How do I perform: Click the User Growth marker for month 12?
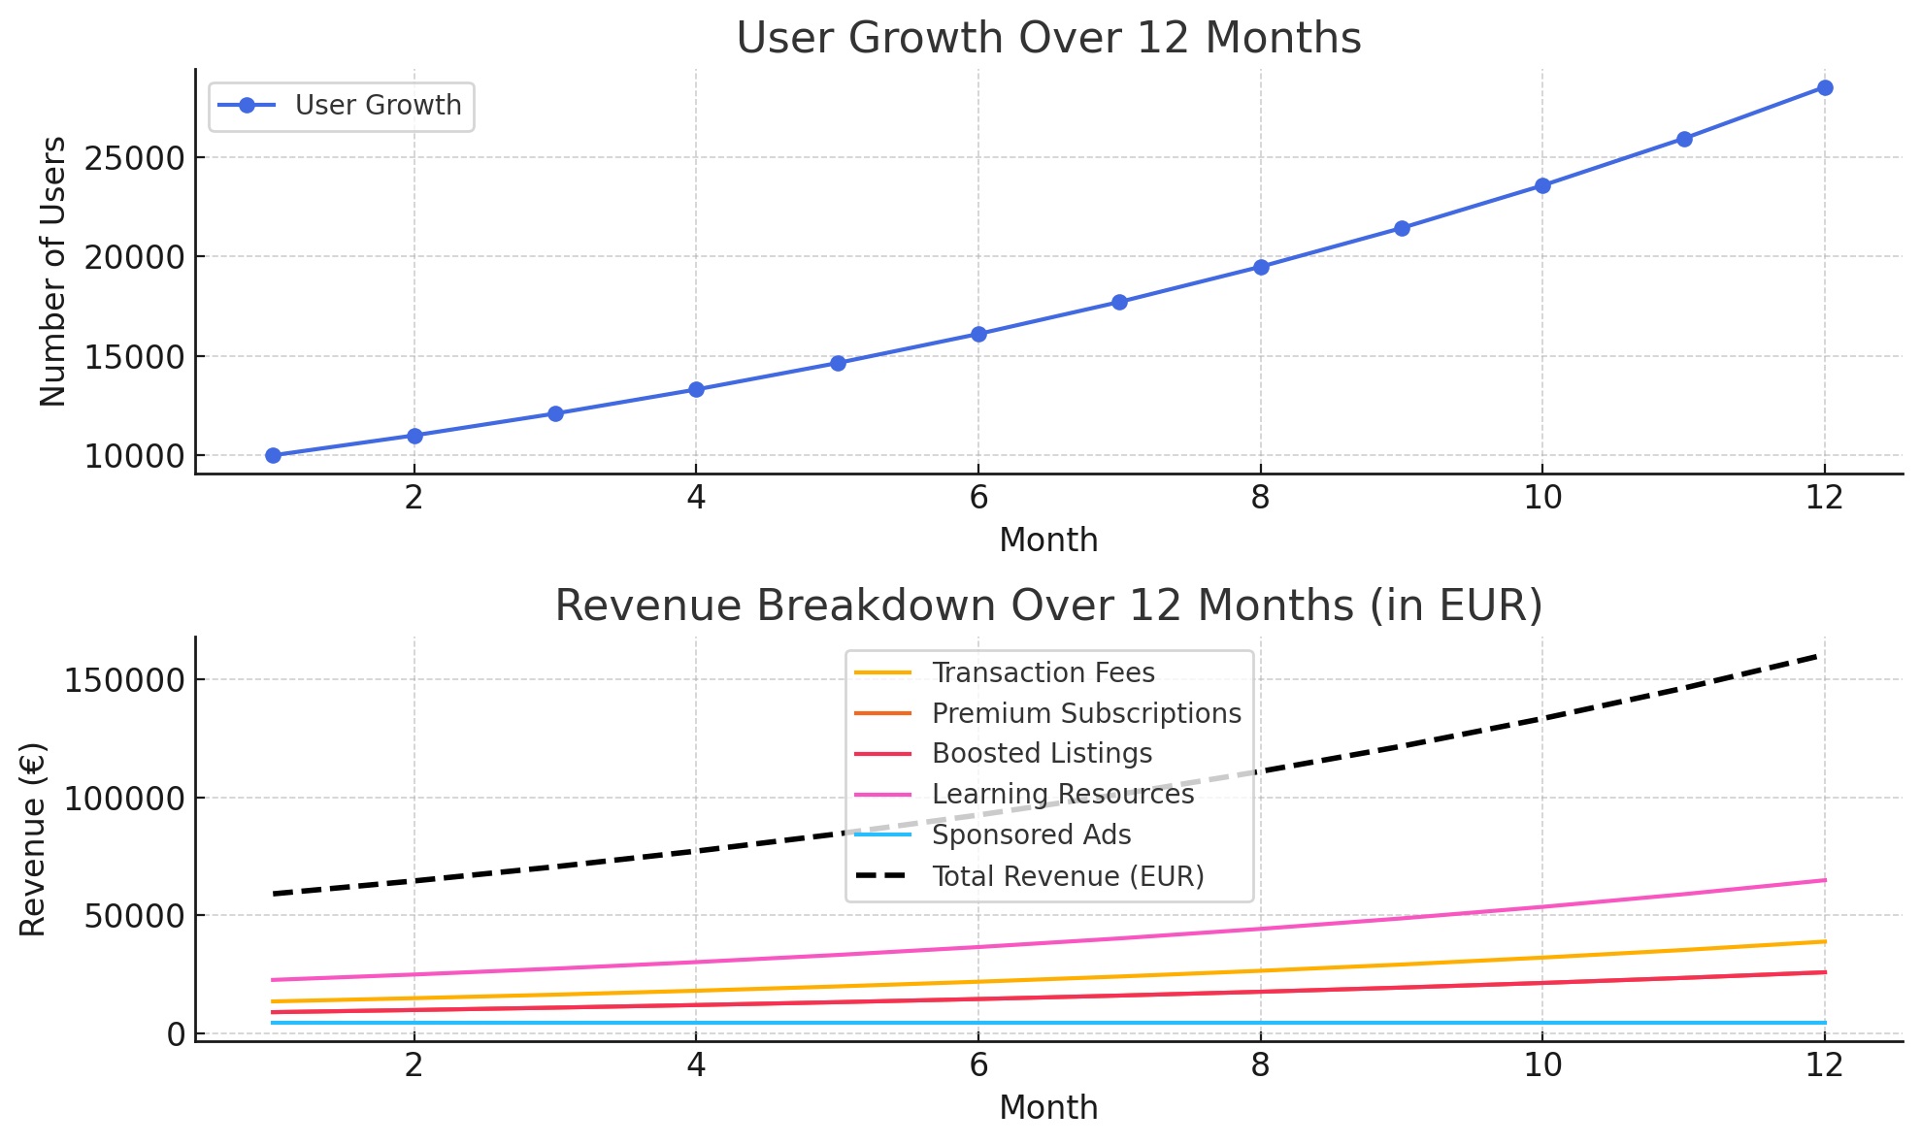coord(1824,88)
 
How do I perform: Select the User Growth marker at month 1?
coord(273,455)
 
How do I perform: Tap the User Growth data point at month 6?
coord(978,334)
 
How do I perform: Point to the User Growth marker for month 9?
coord(1402,229)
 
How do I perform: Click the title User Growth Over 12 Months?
coord(1048,39)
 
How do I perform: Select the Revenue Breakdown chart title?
coord(1048,606)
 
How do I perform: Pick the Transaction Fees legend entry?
coord(1043,673)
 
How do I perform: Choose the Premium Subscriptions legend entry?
coord(1085,714)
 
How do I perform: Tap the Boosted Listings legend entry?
coord(1042,754)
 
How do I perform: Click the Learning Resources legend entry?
coord(1062,795)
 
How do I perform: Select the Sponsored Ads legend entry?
coord(1031,835)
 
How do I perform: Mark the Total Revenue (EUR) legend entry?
coord(1067,877)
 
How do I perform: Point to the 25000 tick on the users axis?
coord(134,158)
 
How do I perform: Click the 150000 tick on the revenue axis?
coord(124,680)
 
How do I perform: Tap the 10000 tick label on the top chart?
coord(134,457)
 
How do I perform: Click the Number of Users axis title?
coord(53,272)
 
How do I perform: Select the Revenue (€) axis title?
coord(34,839)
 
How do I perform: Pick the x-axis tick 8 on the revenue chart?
coord(1260,1066)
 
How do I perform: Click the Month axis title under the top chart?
coord(1048,540)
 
